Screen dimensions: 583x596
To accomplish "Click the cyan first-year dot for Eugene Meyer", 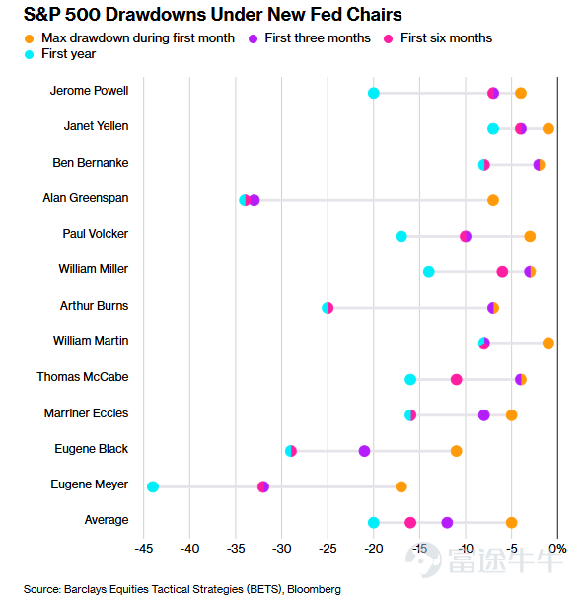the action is pos(153,486).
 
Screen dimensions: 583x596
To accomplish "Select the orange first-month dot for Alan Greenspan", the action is pos(493,200).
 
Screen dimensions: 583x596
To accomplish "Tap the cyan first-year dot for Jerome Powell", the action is pos(374,93).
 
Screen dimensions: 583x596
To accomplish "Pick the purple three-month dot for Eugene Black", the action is pos(364,451).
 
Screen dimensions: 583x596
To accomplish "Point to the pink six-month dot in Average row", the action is pos(410,523).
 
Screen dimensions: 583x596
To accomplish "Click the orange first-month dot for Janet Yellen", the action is pos(548,129).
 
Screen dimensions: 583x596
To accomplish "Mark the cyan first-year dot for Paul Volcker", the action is pos(401,236).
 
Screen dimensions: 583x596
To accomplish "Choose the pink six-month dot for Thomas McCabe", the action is pos(456,379).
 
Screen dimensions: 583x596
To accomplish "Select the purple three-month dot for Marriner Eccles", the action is pos(483,415).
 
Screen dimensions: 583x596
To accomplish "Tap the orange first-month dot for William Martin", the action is pos(548,343).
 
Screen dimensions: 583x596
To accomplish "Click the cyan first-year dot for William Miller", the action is pos(429,272).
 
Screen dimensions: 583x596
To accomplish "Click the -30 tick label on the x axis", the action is pos(281,549).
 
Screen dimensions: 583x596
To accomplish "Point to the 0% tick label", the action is pos(557,549).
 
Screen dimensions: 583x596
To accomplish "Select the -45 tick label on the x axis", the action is pos(144,549).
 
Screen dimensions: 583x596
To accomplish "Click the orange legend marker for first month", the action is pos(29,38).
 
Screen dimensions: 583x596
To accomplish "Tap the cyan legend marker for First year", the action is pos(29,54).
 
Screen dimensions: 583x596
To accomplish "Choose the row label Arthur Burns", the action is pos(94,306).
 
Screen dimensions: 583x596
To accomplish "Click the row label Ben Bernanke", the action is pos(91,163).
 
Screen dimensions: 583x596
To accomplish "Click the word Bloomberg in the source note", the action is pos(314,589).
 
